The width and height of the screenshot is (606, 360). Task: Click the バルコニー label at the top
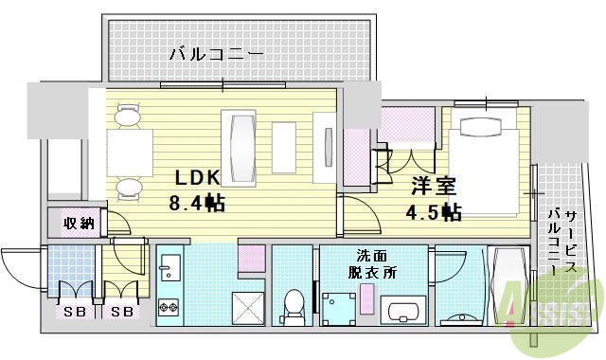217,53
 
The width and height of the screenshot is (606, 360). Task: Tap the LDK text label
195,177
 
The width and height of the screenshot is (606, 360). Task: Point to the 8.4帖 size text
196,202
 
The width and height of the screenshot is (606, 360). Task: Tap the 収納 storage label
79,225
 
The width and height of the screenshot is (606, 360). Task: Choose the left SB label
72,312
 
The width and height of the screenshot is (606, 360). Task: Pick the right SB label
121,312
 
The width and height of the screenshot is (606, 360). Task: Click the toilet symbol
294,305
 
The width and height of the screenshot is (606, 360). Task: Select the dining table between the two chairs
130,151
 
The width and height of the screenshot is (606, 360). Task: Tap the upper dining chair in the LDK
126,116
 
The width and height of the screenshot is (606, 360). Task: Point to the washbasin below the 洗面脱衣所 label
407,311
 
